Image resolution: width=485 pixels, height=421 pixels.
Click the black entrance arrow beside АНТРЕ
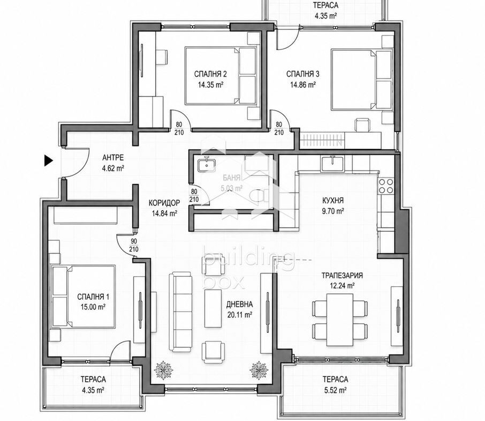click(48, 160)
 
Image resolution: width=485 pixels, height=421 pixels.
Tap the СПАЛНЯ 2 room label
click(210, 74)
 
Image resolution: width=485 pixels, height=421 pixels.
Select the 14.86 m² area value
click(303, 85)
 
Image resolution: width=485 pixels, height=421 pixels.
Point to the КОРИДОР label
click(164, 203)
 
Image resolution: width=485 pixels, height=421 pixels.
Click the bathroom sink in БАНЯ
click(206, 164)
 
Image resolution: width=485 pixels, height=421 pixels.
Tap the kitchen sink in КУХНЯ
click(332, 164)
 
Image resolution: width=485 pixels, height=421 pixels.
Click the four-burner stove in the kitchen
click(386, 186)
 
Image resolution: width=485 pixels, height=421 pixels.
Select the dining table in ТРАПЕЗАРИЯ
click(340, 320)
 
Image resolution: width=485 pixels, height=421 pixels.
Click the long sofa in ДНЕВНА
click(180, 312)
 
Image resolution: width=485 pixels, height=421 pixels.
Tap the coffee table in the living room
click(213, 308)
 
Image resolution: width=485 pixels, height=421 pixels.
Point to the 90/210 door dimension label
click(134, 246)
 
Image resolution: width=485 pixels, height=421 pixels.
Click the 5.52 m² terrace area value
click(335, 390)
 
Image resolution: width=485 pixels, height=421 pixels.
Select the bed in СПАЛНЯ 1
click(84, 297)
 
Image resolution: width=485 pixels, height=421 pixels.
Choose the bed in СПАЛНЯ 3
click(361, 79)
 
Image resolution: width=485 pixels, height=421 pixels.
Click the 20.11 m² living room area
click(239, 315)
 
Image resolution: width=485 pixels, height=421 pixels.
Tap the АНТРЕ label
click(113, 158)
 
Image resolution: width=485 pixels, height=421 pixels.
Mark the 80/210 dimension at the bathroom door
click(194, 196)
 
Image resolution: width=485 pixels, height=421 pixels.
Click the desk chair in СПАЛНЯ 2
click(162, 57)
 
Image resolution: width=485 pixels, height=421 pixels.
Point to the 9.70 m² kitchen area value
click(333, 211)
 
